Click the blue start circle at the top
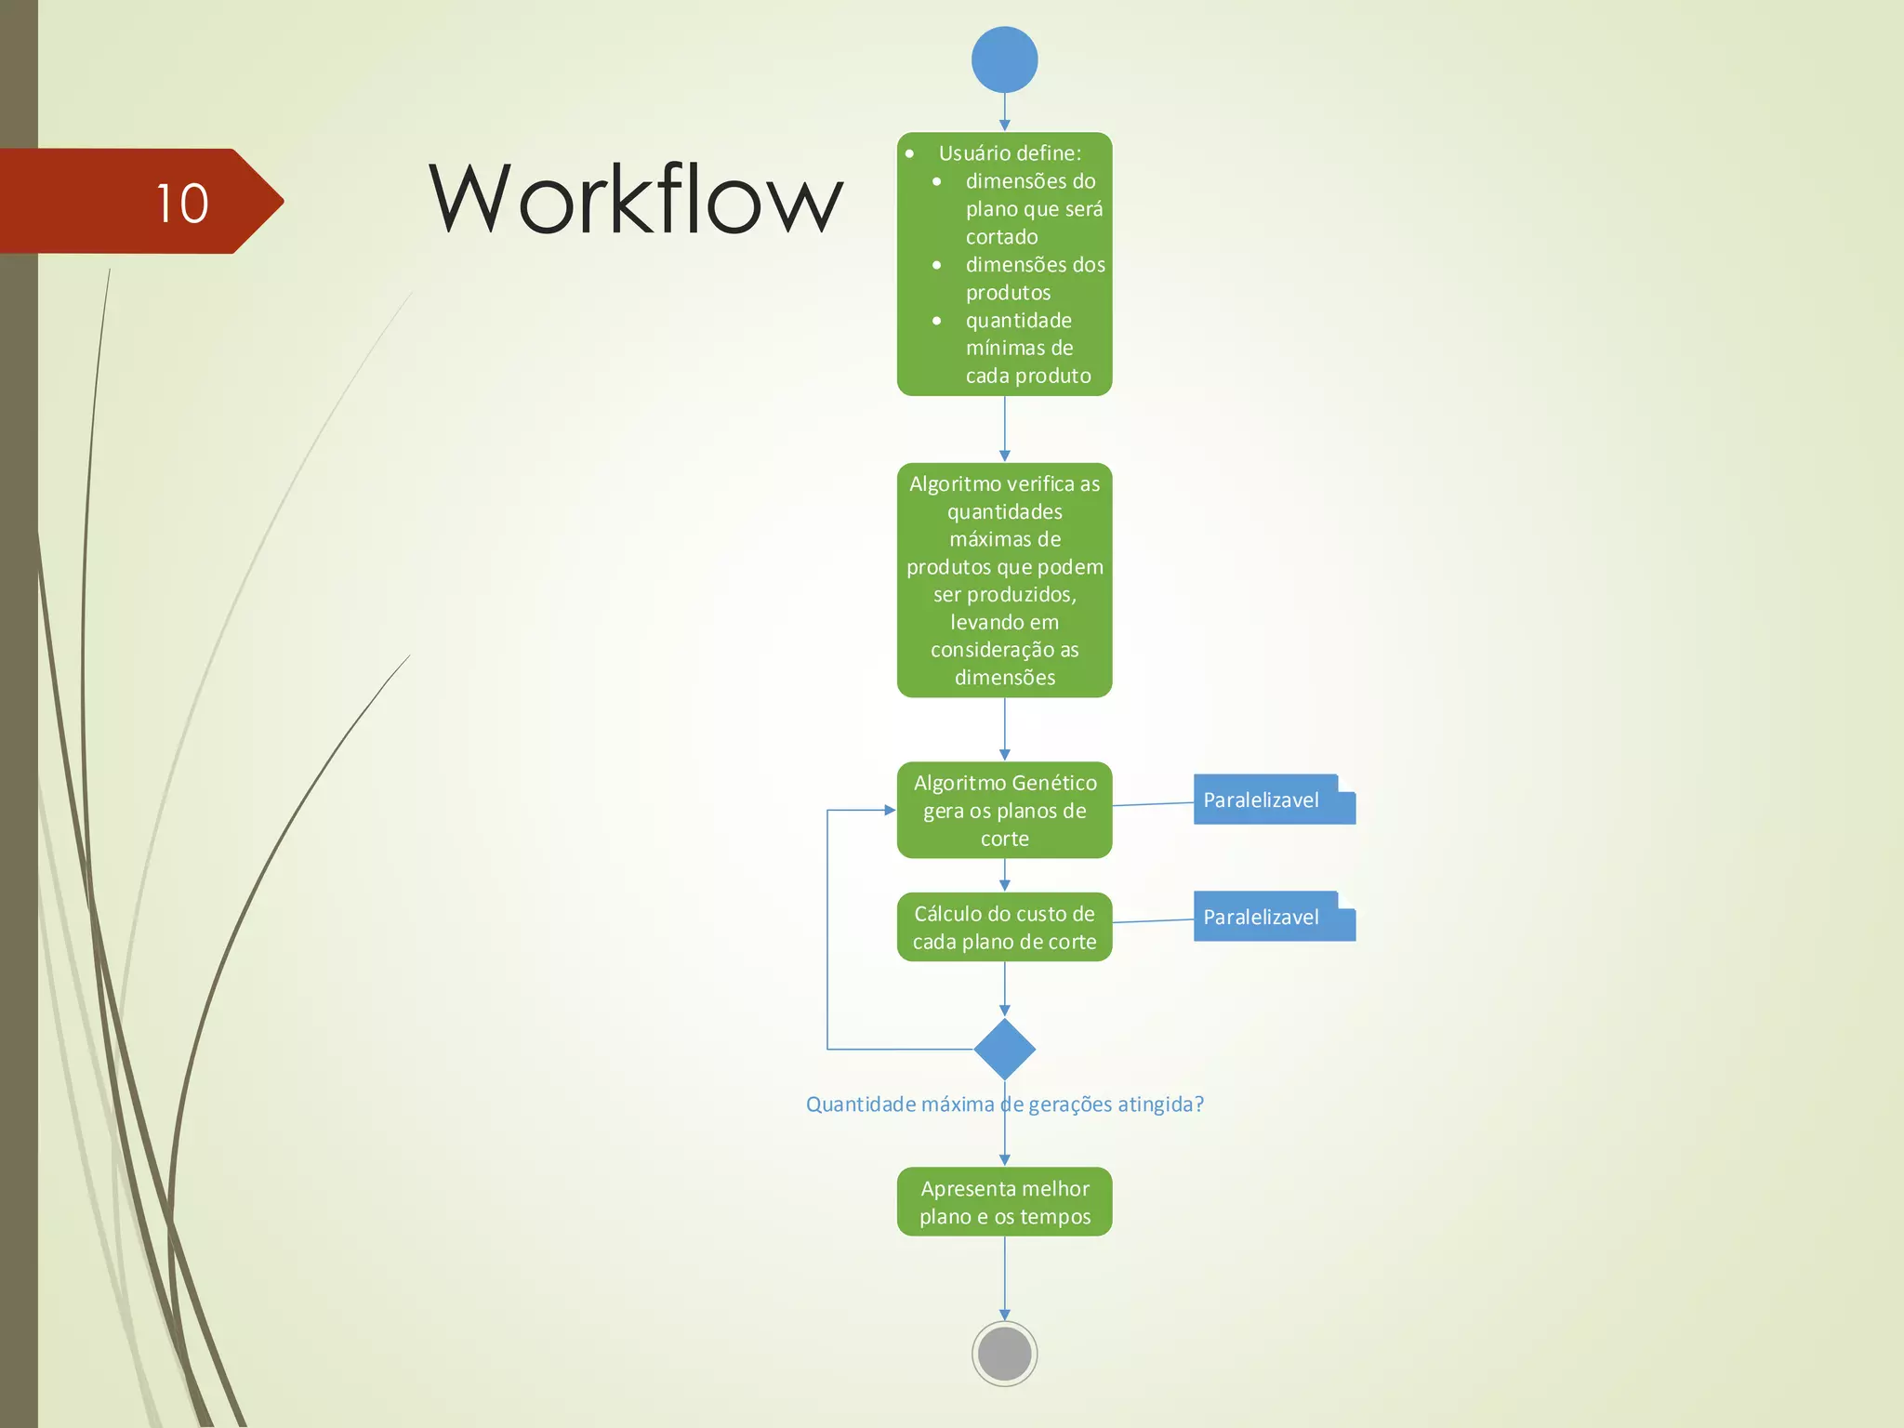(x=1004, y=59)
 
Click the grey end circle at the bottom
(x=1004, y=1354)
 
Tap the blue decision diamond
(x=1004, y=1049)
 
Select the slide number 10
(x=182, y=203)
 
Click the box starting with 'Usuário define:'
(x=1004, y=264)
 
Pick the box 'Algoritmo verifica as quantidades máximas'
(x=1004, y=580)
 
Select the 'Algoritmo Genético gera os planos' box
(x=1004, y=810)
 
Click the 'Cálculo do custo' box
(x=1004, y=927)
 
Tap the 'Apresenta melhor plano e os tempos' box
(x=1004, y=1201)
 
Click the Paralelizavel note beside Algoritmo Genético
(x=1273, y=800)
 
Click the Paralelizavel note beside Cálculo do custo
(x=1273, y=917)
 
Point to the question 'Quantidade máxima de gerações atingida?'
(x=1004, y=1104)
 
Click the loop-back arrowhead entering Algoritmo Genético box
(x=890, y=810)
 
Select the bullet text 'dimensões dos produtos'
(x=1034, y=278)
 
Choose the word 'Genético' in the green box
(x=1053, y=783)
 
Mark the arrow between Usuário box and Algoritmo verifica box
(x=1004, y=429)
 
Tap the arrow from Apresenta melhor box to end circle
(x=1004, y=1277)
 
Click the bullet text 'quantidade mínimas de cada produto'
(x=1026, y=348)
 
